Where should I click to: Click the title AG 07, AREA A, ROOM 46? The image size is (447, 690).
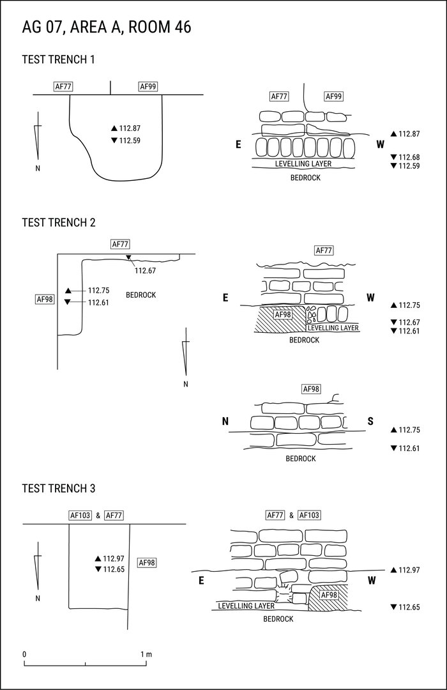(107, 27)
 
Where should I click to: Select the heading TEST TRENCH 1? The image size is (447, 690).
(58, 60)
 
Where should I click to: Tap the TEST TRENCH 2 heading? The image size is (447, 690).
(58, 222)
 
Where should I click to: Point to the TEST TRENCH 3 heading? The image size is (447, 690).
(58, 489)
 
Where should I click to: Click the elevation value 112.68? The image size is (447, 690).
(409, 157)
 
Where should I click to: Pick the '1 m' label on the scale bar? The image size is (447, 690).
(146, 654)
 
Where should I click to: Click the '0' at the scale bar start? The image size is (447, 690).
(24, 654)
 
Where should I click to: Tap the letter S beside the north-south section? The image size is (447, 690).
(371, 421)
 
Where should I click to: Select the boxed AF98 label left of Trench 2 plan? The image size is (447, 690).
(45, 299)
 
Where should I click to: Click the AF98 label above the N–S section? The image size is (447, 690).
(311, 389)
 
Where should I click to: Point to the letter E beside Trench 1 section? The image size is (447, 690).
(238, 144)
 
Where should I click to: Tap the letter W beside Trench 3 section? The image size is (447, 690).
(372, 580)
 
